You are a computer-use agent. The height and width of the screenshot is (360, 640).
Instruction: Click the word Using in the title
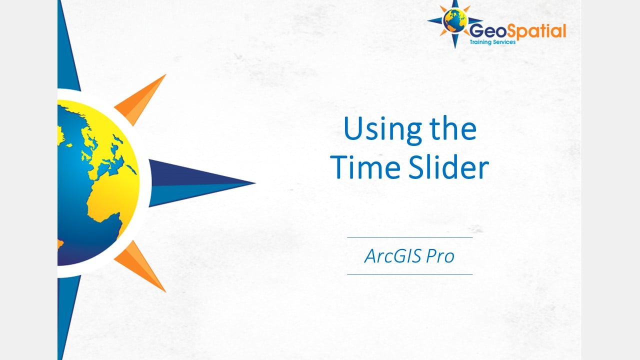(375, 129)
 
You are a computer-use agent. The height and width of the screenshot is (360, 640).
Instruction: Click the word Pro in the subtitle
(440, 256)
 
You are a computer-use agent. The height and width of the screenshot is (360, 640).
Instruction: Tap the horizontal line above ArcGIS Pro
(409, 238)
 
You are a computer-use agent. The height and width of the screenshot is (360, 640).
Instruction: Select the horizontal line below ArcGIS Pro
(409, 274)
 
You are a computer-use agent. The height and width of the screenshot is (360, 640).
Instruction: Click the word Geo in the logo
(484, 31)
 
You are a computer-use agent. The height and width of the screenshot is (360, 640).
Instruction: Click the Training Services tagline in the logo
(492, 42)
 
